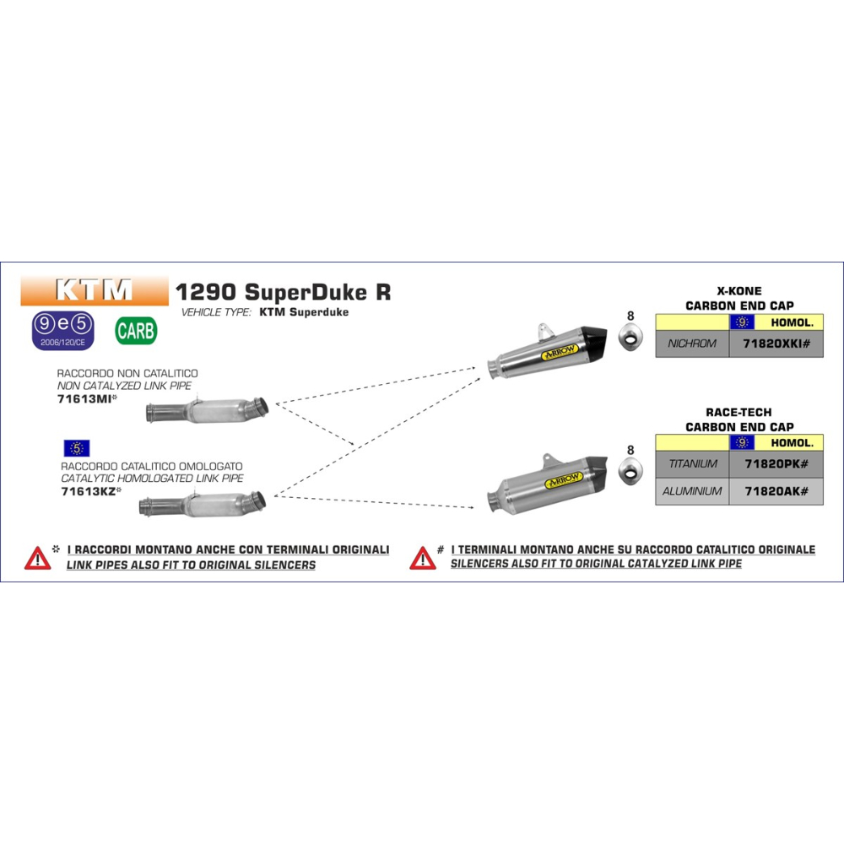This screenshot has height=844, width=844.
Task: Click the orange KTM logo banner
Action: [x=94, y=289]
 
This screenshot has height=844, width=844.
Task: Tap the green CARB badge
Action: [x=136, y=330]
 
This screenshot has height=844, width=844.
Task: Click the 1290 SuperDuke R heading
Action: [x=283, y=292]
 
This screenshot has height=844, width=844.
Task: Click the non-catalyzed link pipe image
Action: [x=207, y=410]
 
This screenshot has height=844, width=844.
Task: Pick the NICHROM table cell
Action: [x=692, y=344]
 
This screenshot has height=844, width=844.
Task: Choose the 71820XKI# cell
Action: [x=776, y=344]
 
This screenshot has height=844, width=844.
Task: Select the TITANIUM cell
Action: [x=692, y=463]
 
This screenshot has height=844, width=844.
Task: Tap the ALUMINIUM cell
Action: [x=692, y=491]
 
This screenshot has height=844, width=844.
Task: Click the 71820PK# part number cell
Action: [x=776, y=463]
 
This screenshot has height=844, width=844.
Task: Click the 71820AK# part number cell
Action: [x=776, y=491]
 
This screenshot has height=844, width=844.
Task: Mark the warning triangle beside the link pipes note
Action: [x=37, y=558]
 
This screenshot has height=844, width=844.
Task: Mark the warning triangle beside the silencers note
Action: [x=422, y=558]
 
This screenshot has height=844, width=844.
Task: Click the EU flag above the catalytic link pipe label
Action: [x=76, y=448]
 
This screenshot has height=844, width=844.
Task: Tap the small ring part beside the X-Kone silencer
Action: [x=630, y=342]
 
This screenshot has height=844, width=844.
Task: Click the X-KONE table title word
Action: [x=739, y=290]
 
